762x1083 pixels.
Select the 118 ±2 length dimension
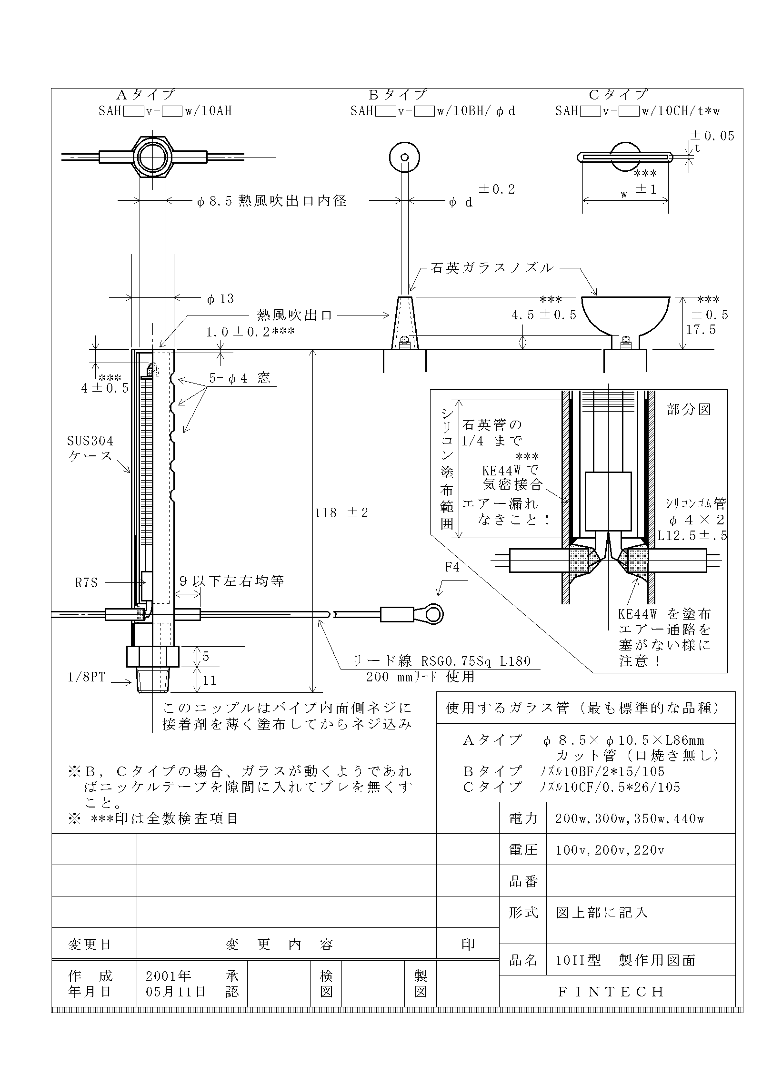(341, 513)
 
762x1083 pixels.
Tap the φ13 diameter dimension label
(221, 299)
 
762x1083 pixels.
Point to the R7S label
(86, 582)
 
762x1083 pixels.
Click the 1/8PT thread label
(86, 677)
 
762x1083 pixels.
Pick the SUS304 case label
(90, 448)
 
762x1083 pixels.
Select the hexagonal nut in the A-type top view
(153, 157)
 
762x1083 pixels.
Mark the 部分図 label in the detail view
(689, 409)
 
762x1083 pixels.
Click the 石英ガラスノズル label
(492, 268)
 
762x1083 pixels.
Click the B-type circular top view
(404, 157)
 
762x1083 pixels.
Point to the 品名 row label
(523, 960)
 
